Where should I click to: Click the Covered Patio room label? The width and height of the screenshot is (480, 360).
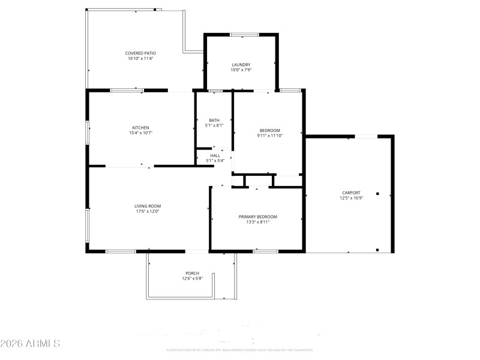(x=140, y=53)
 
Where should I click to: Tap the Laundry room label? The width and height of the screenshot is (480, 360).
(x=241, y=65)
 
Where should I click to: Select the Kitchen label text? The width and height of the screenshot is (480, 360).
(x=140, y=127)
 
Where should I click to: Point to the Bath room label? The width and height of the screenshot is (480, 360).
(x=214, y=120)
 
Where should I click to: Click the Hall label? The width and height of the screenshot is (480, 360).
(x=215, y=155)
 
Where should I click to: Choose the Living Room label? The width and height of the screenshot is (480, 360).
(x=147, y=206)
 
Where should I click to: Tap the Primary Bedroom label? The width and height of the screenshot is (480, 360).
(x=258, y=217)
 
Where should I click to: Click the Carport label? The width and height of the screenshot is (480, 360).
(x=351, y=193)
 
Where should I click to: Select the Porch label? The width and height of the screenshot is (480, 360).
(x=192, y=273)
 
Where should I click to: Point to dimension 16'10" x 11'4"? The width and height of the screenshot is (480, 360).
(x=140, y=58)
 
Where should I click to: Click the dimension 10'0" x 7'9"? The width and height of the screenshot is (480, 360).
(x=241, y=70)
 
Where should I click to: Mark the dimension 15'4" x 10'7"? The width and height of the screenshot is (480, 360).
(x=140, y=133)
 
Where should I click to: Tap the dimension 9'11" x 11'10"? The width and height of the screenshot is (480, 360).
(x=269, y=136)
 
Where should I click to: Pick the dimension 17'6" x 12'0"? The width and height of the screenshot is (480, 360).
(x=147, y=211)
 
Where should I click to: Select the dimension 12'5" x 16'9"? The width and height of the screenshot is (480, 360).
(x=351, y=198)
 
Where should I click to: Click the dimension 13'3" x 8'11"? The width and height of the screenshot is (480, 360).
(x=258, y=222)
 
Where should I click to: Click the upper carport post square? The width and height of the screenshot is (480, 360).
(x=378, y=193)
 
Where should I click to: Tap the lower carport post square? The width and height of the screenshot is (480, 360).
(x=378, y=250)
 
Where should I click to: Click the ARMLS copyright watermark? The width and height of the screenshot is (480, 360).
(x=30, y=344)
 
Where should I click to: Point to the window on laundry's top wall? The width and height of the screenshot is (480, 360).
(x=241, y=34)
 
